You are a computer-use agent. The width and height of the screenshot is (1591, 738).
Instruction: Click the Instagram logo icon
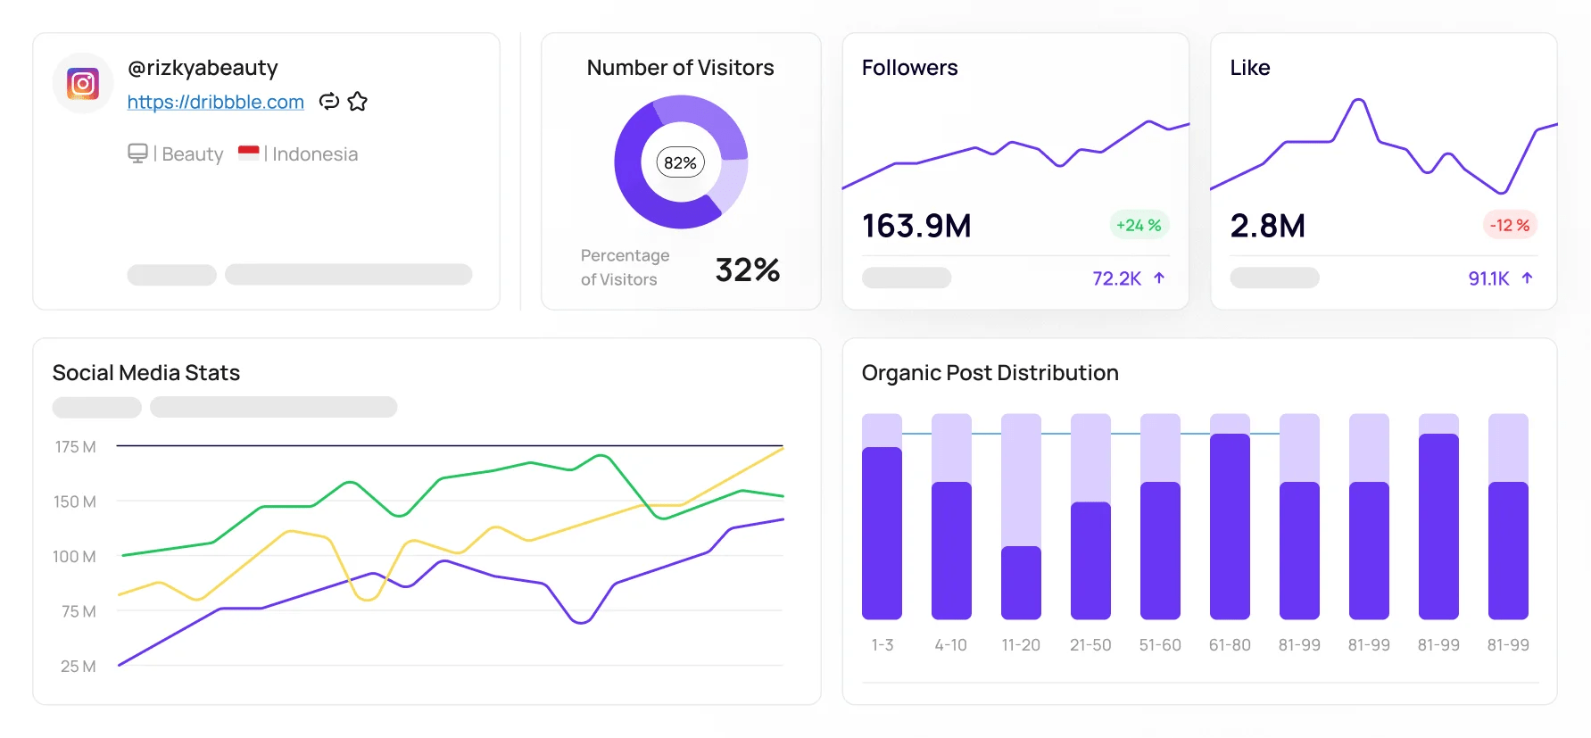click(83, 84)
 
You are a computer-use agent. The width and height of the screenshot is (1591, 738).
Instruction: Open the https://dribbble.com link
click(215, 102)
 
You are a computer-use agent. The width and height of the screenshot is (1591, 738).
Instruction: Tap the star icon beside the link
click(358, 102)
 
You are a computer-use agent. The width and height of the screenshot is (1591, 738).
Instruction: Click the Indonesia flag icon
click(249, 153)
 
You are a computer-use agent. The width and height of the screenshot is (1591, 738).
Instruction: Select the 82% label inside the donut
click(680, 162)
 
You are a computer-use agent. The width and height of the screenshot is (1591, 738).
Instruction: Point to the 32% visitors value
click(747, 269)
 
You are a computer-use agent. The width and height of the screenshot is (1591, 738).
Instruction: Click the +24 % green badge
click(1139, 225)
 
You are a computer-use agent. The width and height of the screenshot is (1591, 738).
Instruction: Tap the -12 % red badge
click(1509, 225)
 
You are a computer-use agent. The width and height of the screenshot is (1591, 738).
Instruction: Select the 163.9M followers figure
click(916, 226)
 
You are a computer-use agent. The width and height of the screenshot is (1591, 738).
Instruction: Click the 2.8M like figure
click(1267, 226)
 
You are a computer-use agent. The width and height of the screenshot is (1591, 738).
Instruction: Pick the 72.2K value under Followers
click(1116, 278)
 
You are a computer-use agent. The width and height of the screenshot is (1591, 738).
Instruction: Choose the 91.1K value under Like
click(1488, 278)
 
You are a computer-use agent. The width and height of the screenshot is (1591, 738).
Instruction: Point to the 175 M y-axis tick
click(75, 446)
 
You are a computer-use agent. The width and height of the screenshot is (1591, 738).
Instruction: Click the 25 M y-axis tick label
click(78, 666)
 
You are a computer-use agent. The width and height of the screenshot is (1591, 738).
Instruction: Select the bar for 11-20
click(1021, 582)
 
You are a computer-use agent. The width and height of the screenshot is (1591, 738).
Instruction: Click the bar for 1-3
click(882, 533)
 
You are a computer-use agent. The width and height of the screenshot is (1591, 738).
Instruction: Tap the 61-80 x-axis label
click(1230, 644)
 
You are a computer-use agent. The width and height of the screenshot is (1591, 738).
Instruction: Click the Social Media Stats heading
click(146, 372)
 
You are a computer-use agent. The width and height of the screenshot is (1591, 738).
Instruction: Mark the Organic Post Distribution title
click(990, 372)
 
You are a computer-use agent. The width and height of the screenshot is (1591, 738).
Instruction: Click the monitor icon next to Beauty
click(137, 153)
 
